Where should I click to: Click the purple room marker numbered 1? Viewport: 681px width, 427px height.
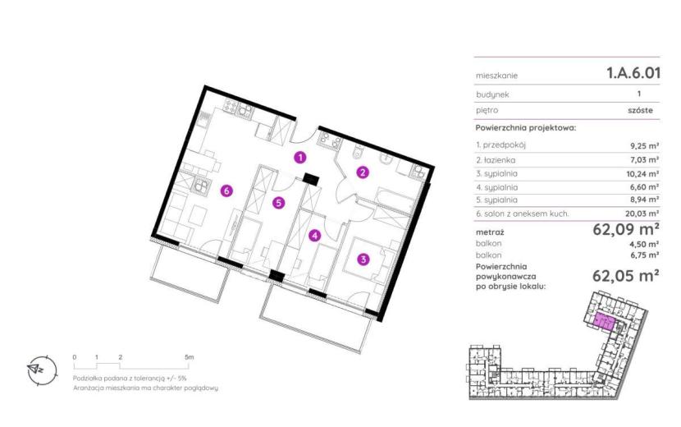point(299,158)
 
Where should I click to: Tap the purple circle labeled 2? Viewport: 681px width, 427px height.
point(363,172)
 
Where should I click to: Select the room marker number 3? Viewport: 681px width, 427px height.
point(363,260)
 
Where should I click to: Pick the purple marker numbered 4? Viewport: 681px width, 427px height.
point(314,236)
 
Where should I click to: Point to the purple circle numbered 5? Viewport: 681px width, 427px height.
point(279,203)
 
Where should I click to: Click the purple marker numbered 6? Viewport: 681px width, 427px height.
point(226,191)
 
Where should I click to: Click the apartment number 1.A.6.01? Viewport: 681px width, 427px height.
point(633,73)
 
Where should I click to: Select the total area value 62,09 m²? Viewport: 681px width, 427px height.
point(626,229)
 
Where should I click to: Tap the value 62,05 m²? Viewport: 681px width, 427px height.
point(626,276)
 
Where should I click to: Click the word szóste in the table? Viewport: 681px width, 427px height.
point(640,111)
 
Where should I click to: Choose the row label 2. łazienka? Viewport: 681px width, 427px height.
point(496,160)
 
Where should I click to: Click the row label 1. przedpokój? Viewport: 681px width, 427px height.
point(500,145)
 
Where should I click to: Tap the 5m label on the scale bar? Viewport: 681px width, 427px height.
point(189,357)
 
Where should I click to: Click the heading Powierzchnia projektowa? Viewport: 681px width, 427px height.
point(525,128)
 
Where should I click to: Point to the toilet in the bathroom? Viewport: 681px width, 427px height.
point(358,152)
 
